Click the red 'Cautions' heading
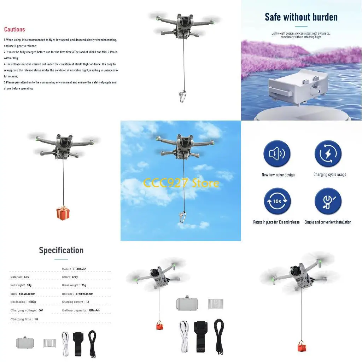click(14, 29)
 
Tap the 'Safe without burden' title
click(301, 17)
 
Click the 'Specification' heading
click(61, 250)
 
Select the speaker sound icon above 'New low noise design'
click(277, 154)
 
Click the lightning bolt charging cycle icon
click(328, 154)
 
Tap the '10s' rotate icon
click(277, 201)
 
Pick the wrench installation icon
click(328, 201)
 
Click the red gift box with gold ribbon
click(63, 213)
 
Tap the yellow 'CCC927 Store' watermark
click(181, 183)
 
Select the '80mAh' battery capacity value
click(94, 310)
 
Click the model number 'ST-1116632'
click(79, 269)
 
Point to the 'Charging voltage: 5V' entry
click(27, 310)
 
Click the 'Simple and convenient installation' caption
click(328, 222)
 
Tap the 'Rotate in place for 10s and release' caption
click(276, 222)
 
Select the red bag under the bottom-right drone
click(301, 347)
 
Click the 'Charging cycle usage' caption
click(330, 175)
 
